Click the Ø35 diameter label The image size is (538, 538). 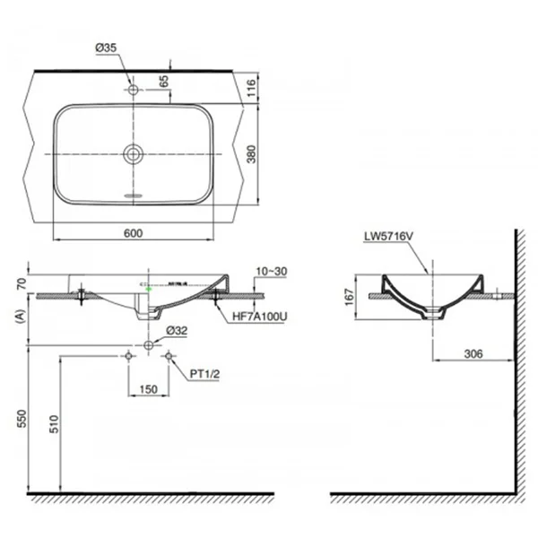(x=106, y=48)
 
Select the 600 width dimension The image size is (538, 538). (x=133, y=233)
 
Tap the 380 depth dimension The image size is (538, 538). (x=251, y=154)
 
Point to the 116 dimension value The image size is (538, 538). (x=251, y=88)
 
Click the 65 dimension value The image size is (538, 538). (x=164, y=82)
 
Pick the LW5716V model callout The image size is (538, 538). (x=389, y=236)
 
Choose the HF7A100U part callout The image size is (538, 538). (x=259, y=317)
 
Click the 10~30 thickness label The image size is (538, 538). (x=272, y=272)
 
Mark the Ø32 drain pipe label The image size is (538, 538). (x=177, y=331)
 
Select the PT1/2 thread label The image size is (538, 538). (x=204, y=374)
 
